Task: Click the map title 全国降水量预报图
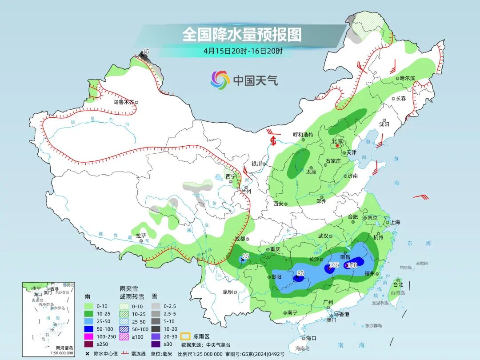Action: pyautogui.click(x=242, y=34)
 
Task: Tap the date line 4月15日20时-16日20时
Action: pyautogui.click(x=243, y=51)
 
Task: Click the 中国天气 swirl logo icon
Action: pyautogui.click(x=220, y=80)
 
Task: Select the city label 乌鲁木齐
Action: pyautogui.click(x=123, y=102)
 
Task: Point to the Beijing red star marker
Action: pyautogui.click(x=337, y=146)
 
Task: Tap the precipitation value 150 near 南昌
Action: pyautogui.click(x=352, y=265)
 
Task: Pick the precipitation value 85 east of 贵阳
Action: pyautogui.click(x=300, y=273)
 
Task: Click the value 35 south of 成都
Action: pyautogui.click(x=246, y=256)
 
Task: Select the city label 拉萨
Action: pyautogui.click(x=141, y=236)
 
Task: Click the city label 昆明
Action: pyautogui.click(x=227, y=292)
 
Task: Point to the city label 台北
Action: pyautogui.click(x=396, y=284)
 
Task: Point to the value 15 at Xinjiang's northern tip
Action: pyautogui.click(x=145, y=52)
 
